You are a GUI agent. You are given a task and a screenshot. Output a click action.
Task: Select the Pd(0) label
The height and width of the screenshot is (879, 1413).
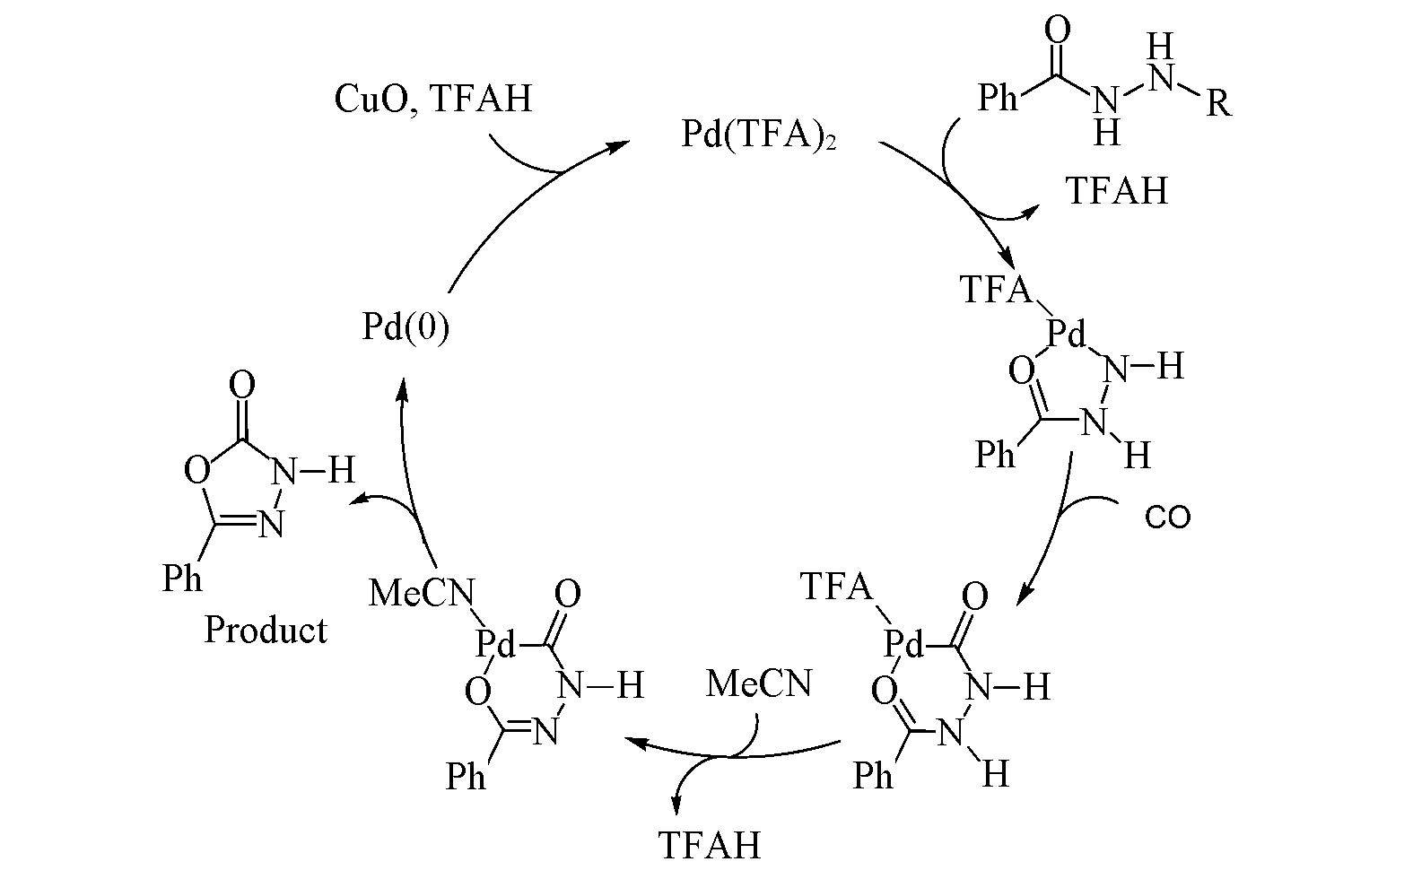click(x=406, y=327)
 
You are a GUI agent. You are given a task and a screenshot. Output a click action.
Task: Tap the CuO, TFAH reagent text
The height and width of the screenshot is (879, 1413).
click(x=432, y=98)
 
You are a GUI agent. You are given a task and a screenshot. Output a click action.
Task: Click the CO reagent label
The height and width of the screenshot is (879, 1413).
click(x=1167, y=518)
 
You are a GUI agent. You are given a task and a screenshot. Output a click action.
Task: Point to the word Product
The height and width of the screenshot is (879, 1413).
click(x=266, y=630)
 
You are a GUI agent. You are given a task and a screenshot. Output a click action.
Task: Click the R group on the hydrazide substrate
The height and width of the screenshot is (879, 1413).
click(x=1217, y=105)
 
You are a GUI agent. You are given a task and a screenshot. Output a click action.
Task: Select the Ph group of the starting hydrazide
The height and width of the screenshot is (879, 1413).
click(x=998, y=98)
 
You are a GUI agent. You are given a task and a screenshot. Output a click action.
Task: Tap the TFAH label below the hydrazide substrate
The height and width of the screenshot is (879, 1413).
click(x=1117, y=191)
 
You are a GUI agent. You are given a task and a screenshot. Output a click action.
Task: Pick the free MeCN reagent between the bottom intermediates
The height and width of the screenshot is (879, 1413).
click(x=758, y=684)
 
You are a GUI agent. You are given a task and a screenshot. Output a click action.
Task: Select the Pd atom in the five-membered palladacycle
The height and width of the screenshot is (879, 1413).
click(x=1068, y=336)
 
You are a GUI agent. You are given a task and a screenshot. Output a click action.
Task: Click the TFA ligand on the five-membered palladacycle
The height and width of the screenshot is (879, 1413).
click(x=996, y=290)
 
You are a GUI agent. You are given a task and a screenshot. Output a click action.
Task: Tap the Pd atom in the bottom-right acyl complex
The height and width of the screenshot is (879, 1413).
click(x=903, y=643)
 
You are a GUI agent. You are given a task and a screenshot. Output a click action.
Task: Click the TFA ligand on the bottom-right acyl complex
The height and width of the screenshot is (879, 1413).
click(x=835, y=587)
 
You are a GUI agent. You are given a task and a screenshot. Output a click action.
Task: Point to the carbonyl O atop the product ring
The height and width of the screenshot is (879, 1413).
click(x=241, y=387)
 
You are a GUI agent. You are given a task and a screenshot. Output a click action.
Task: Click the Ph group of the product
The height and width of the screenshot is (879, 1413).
click(x=182, y=579)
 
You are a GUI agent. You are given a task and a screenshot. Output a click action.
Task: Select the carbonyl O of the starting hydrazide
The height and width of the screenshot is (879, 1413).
click(x=1058, y=31)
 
